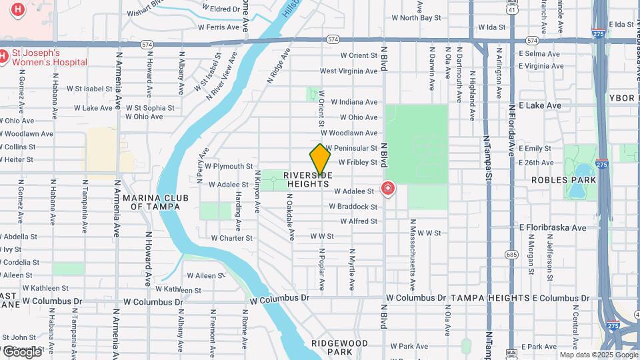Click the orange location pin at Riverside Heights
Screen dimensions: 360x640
tap(320, 160)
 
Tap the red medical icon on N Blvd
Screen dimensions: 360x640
tap(387, 189)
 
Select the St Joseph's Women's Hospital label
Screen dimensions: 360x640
tap(43, 57)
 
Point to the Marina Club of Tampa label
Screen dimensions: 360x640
tap(155, 202)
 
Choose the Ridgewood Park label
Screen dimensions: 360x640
tap(339, 347)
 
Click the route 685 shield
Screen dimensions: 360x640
tap(511, 254)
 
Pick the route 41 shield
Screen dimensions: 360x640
tap(511, 9)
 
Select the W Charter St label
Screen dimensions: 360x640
tap(231, 238)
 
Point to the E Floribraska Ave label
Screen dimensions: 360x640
tap(553, 227)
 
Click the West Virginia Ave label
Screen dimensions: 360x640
tap(349, 71)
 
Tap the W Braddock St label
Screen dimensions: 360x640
tap(353, 206)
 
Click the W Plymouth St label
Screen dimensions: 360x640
tap(229, 166)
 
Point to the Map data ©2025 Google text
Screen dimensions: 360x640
tap(598, 355)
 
